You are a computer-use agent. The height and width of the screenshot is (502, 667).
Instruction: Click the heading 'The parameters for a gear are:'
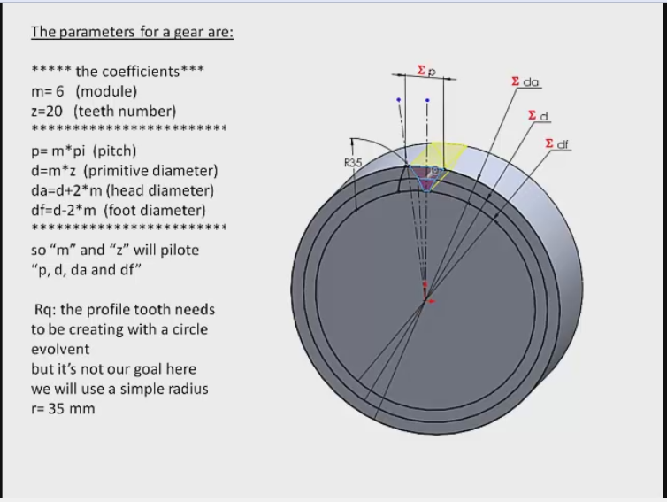click(x=132, y=33)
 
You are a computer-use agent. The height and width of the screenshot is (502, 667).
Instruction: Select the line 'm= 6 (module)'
click(x=84, y=91)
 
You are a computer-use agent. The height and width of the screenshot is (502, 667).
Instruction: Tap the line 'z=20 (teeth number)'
click(x=103, y=111)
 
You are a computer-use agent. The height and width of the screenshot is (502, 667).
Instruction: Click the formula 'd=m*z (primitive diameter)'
click(x=124, y=171)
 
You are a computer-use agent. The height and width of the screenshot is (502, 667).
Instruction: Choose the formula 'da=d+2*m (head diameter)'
click(x=122, y=190)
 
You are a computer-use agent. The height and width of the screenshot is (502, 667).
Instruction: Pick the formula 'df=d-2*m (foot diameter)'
click(x=118, y=210)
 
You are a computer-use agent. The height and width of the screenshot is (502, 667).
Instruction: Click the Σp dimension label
click(x=426, y=70)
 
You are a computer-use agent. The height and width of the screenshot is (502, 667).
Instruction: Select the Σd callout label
click(x=538, y=116)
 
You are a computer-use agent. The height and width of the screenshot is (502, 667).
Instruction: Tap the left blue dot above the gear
click(x=399, y=100)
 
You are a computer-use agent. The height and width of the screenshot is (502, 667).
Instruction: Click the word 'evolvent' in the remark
click(x=60, y=349)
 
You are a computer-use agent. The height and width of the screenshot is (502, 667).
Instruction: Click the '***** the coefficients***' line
click(x=118, y=72)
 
